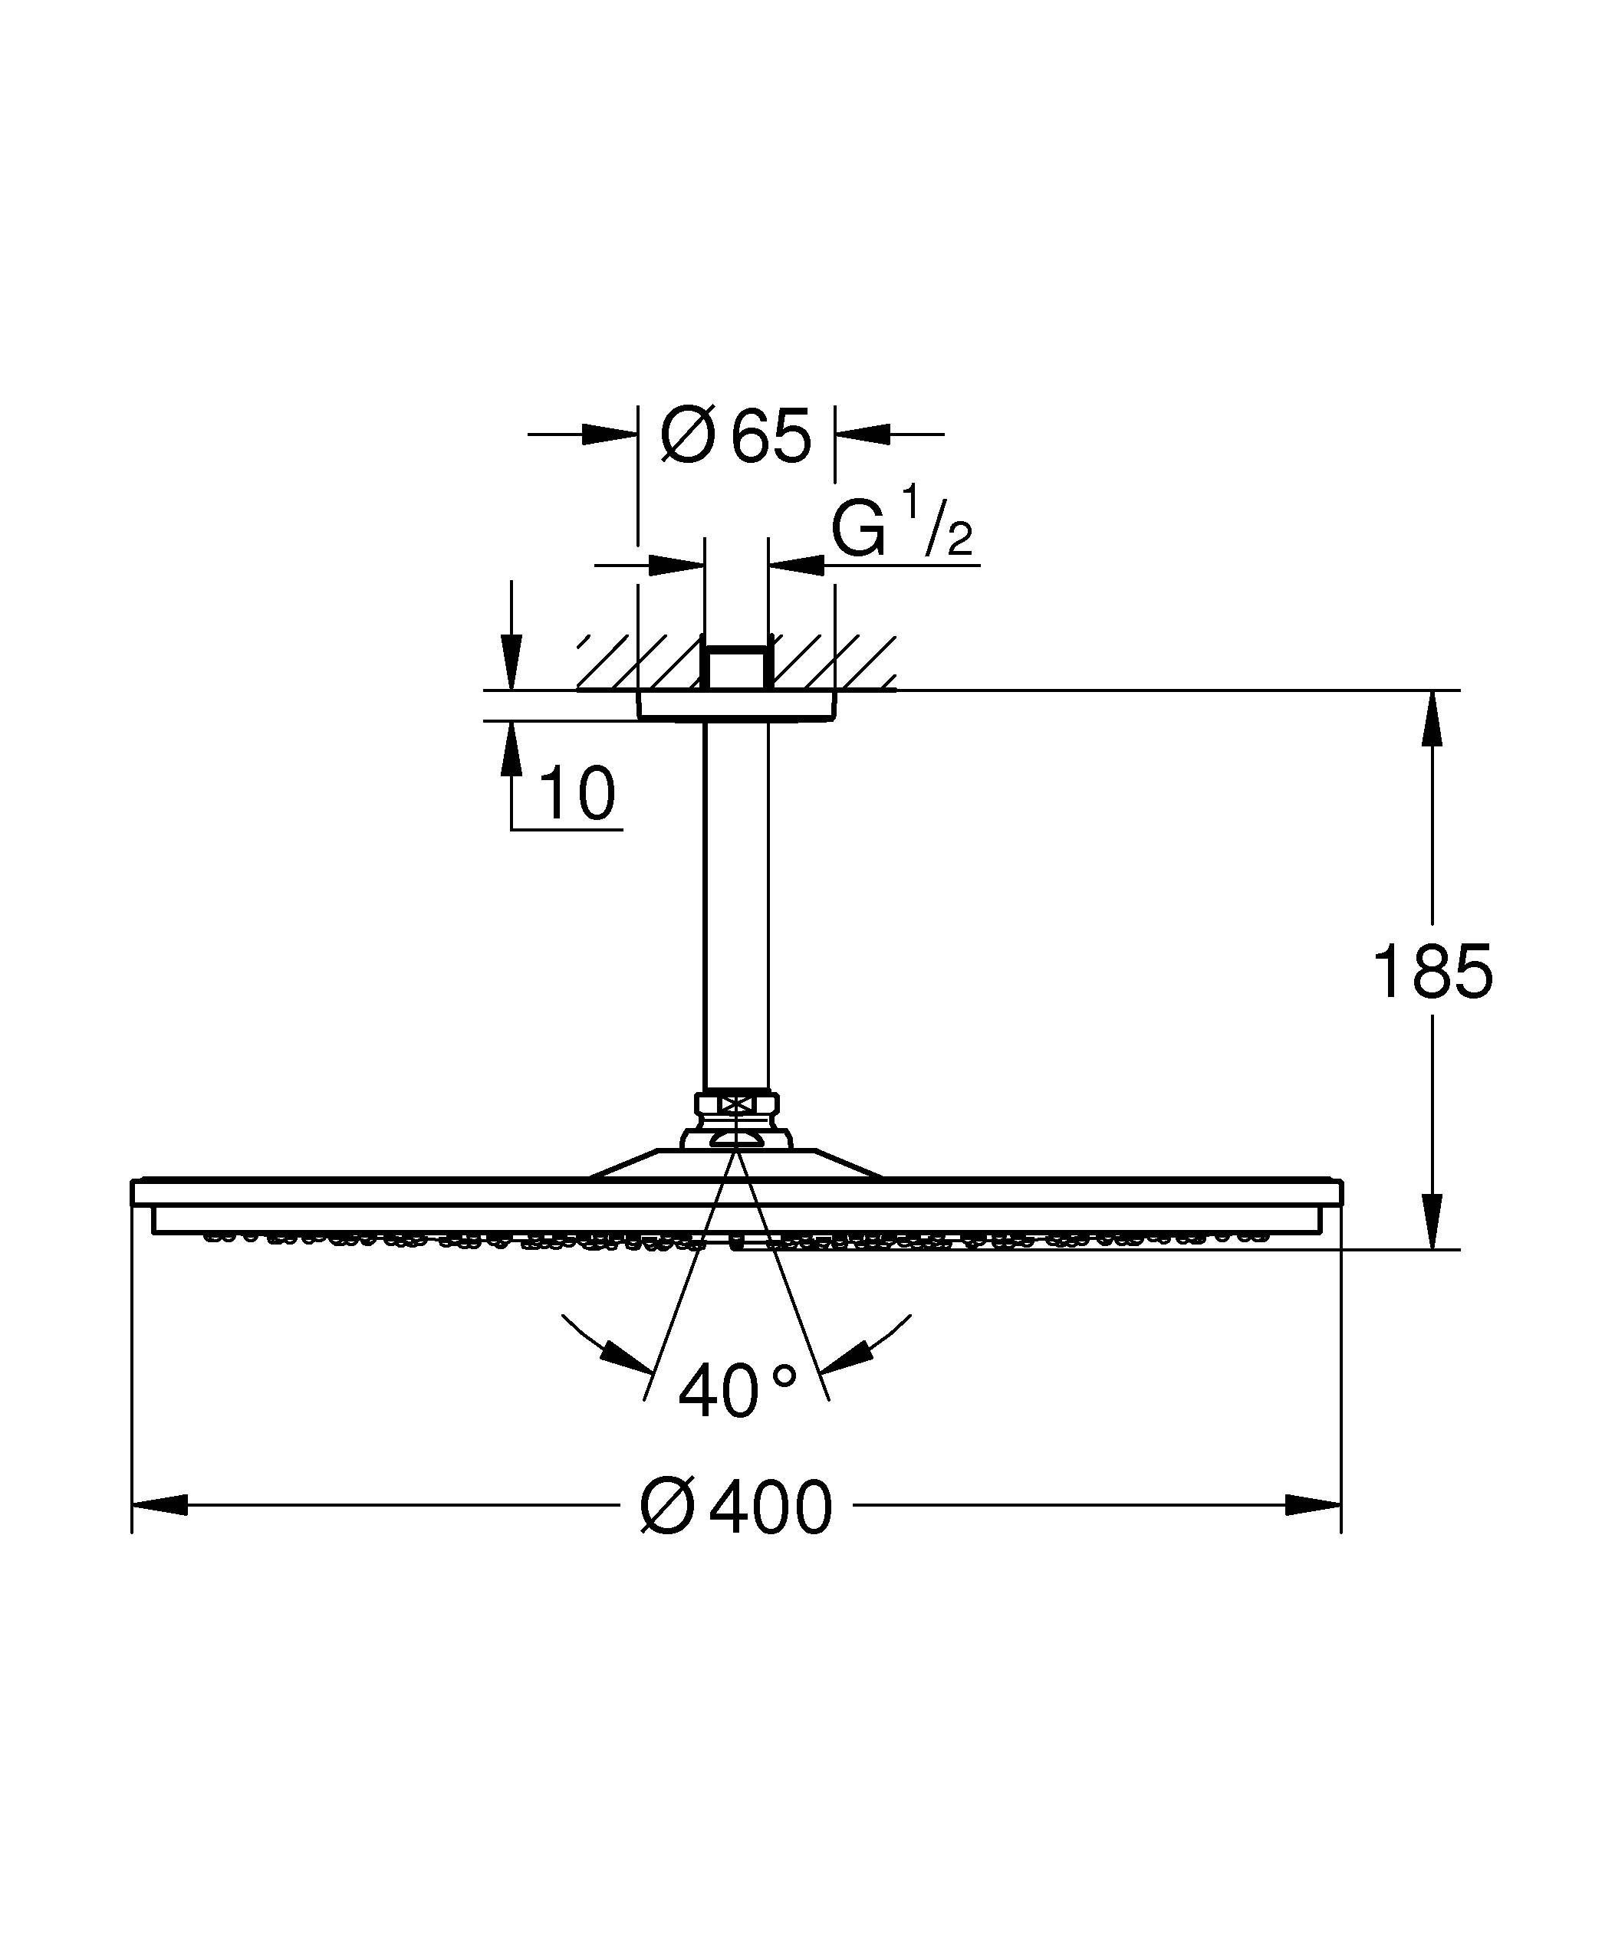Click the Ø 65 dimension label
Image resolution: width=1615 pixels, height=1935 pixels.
[x=735, y=435]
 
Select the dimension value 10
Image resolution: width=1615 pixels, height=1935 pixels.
[x=576, y=793]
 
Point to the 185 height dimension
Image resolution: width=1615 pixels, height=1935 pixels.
[x=1432, y=972]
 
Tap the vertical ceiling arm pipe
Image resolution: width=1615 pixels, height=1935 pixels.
[x=735, y=903]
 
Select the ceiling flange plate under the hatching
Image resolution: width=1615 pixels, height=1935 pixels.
[x=735, y=706]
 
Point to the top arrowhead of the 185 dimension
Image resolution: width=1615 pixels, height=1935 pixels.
[x=1432, y=719]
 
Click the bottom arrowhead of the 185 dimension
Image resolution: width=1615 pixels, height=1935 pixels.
[x=1432, y=1222]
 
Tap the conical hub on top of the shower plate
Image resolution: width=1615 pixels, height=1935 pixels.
[x=735, y=1163]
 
